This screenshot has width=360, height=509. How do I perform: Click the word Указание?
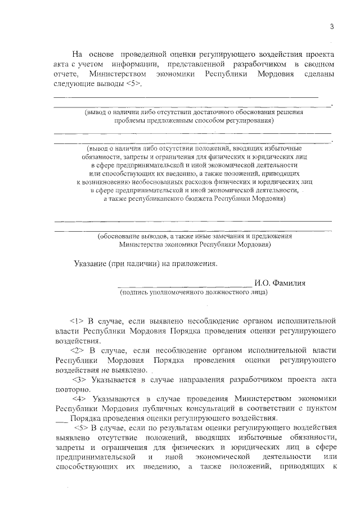[x=89, y=263]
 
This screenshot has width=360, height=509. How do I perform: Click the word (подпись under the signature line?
[x=133, y=293]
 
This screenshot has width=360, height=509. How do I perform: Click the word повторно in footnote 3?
[x=70, y=389]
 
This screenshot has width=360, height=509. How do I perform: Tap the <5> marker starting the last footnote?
[x=75, y=428]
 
